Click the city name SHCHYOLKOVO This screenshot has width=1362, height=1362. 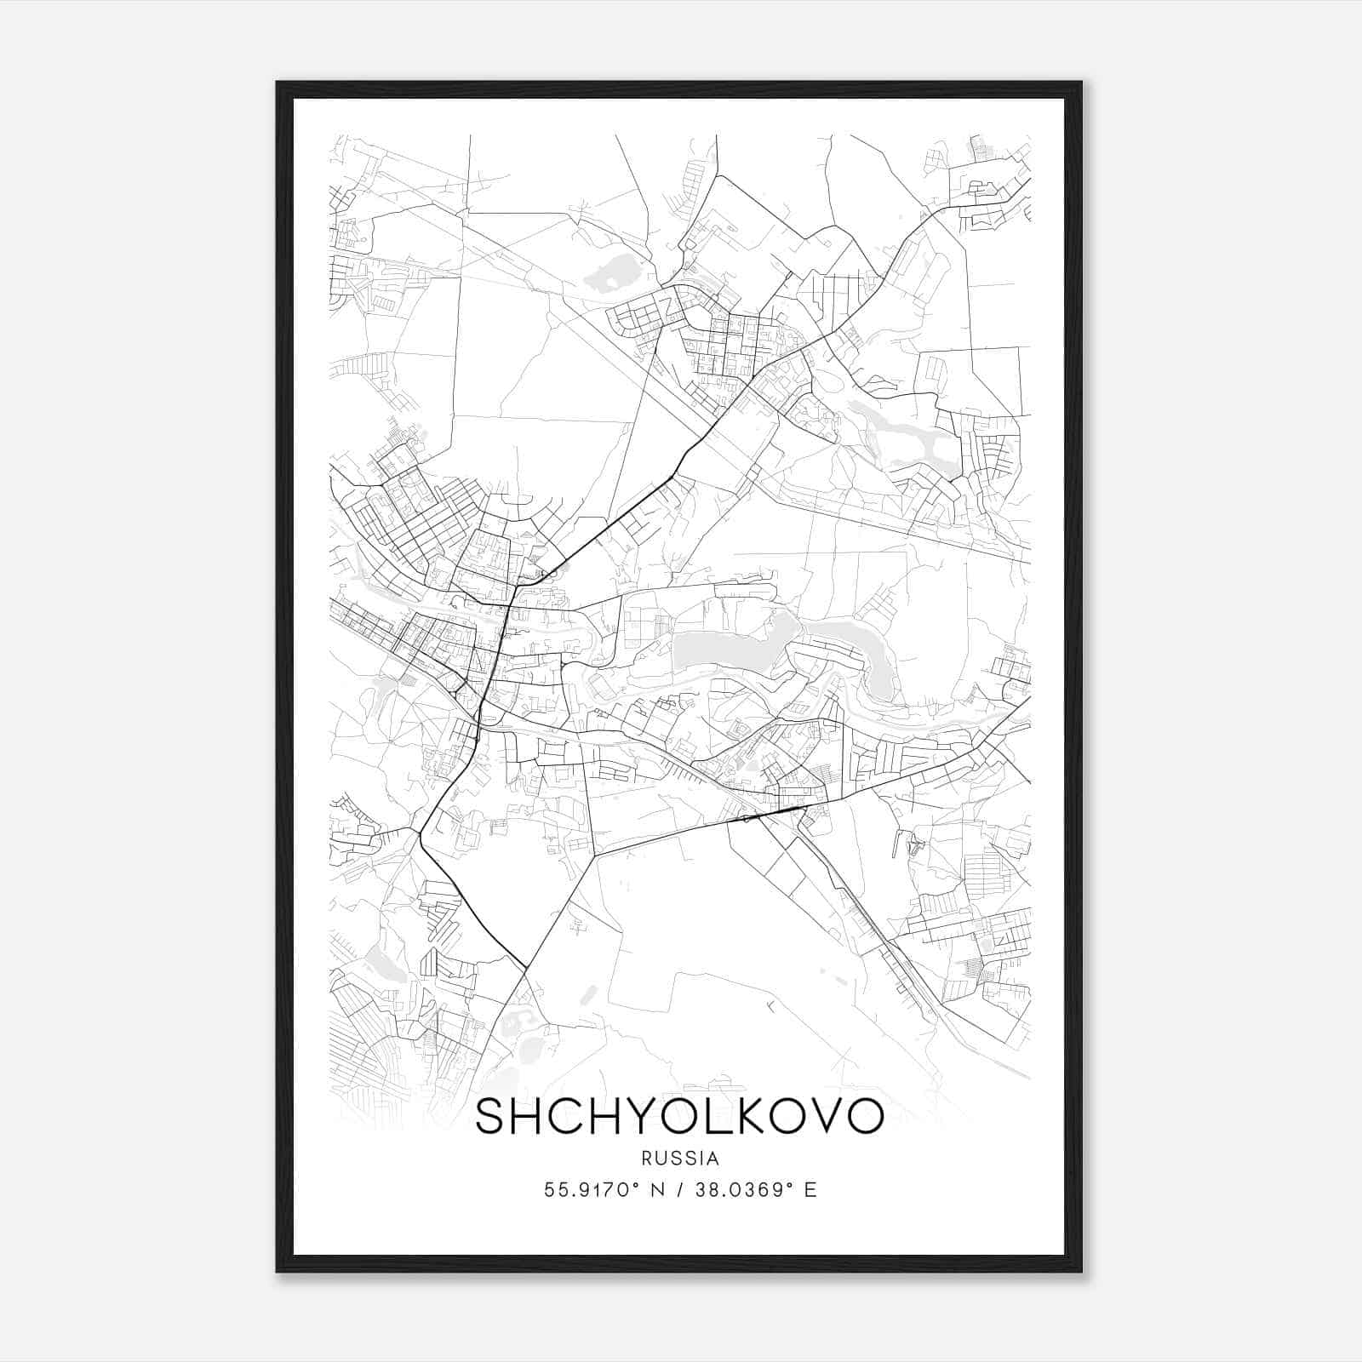[679, 1116]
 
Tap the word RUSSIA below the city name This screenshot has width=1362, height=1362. [680, 1159]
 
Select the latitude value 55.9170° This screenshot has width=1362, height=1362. [591, 1190]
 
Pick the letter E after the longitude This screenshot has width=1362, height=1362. [810, 1190]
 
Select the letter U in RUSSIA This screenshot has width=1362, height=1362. [660, 1159]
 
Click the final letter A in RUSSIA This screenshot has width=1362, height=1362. [713, 1159]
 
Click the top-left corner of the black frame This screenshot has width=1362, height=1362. [278, 83]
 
